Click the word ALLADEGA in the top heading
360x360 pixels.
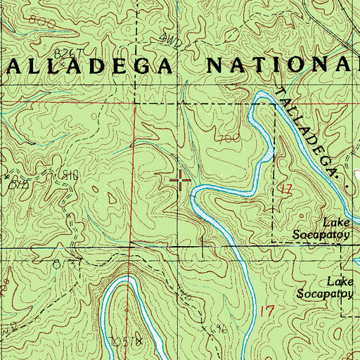click(x=89, y=66)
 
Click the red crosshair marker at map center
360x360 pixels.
click(x=181, y=181)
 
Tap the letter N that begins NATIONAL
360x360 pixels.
click(x=214, y=66)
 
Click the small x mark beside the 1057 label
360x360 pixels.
click(x=139, y=340)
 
